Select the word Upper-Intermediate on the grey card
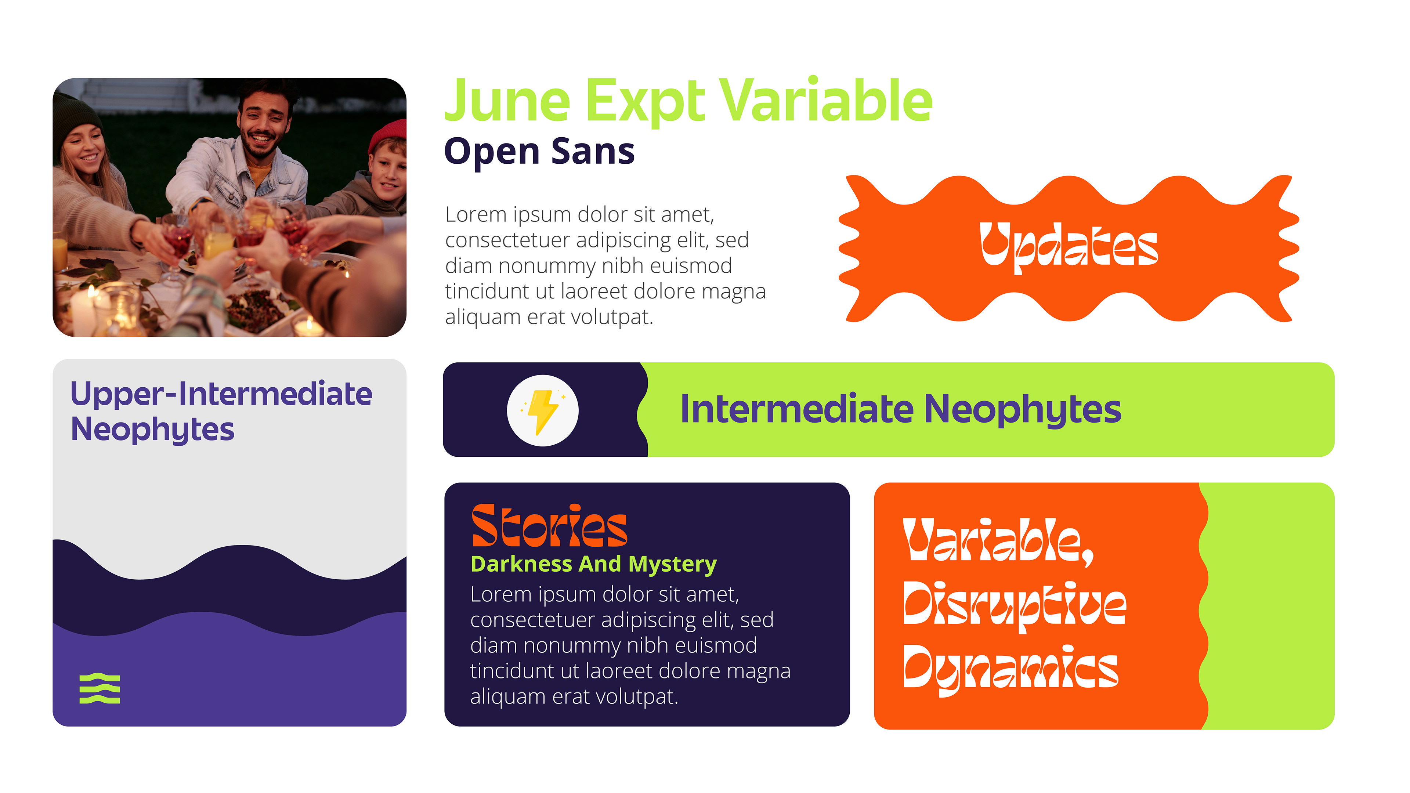221,394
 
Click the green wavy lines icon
100,688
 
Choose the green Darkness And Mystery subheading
593,564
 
